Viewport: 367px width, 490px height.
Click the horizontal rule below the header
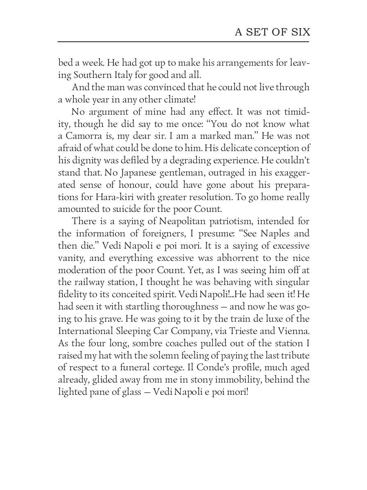[183, 41]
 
